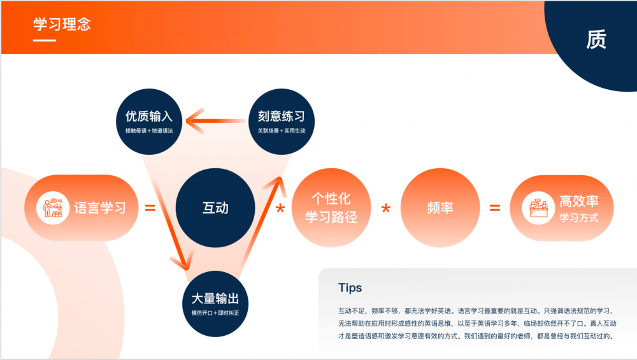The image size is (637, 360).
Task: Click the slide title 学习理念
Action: click(x=62, y=24)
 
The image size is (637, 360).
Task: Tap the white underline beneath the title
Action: click(x=45, y=41)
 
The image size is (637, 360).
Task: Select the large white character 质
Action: click(x=596, y=40)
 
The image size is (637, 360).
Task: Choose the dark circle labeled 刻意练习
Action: click(x=281, y=122)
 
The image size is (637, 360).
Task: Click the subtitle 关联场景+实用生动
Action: click(x=281, y=131)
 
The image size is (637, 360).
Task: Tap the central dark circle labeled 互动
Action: click(x=215, y=208)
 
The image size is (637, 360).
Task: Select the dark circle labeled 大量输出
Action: click(x=215, y=304)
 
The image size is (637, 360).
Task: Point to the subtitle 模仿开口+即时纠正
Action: click(x=215, y=313)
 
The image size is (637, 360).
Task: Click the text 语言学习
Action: click(x=100, y=208)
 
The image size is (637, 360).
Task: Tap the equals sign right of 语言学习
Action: click(x=150, y=208)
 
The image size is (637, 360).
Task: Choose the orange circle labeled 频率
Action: click(x=440, y=208)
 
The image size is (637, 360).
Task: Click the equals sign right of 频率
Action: click(x=494, y=208)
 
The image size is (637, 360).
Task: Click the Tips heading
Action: click(x=350, y=287)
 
